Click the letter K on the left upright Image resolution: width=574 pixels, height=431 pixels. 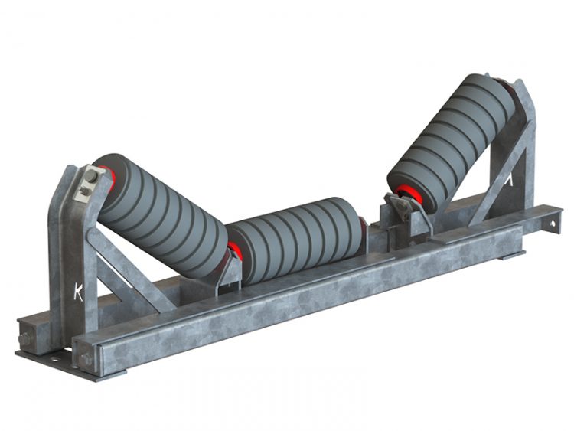coord(78,291)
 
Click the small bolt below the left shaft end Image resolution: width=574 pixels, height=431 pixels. coord(80,193)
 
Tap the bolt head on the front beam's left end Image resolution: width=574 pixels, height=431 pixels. coord(86,358)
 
